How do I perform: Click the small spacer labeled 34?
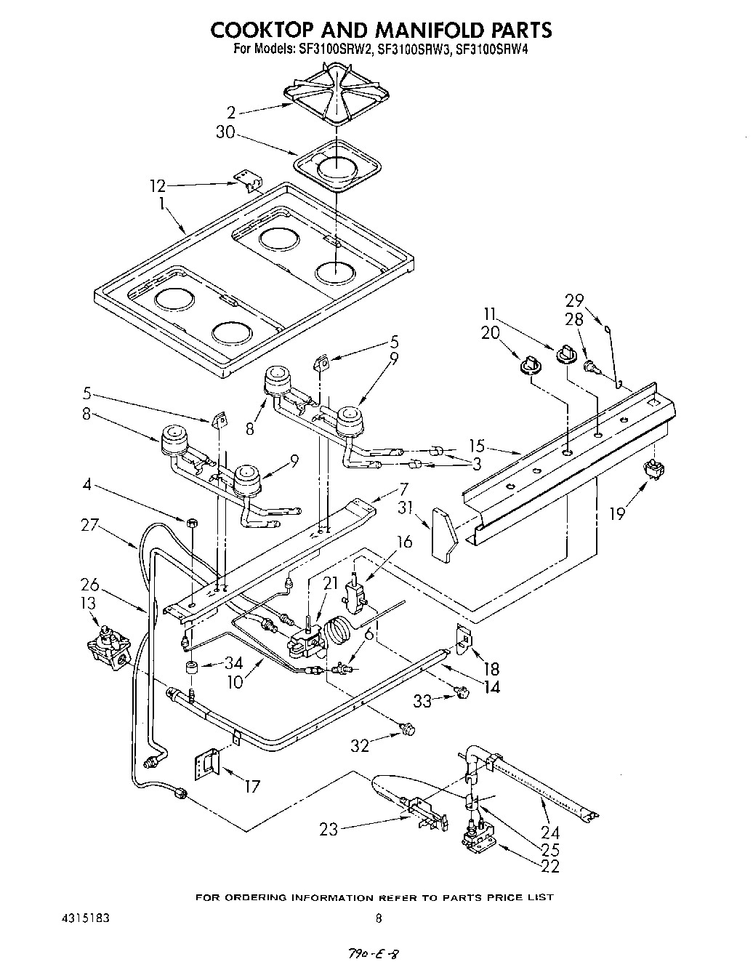193,668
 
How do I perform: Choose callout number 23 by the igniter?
329,829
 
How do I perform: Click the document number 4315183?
81,918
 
